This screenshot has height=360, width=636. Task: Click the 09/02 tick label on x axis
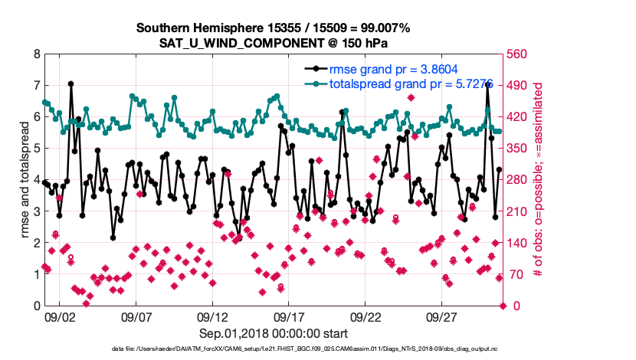click(59, 316)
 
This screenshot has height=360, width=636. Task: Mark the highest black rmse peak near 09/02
click(70, 83)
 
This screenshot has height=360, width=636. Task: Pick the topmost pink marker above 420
click(411, 97)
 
